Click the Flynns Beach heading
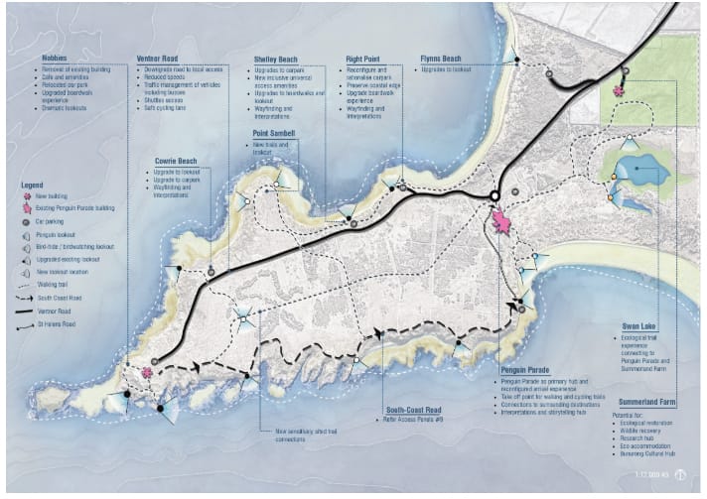[x=442, y=59]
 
